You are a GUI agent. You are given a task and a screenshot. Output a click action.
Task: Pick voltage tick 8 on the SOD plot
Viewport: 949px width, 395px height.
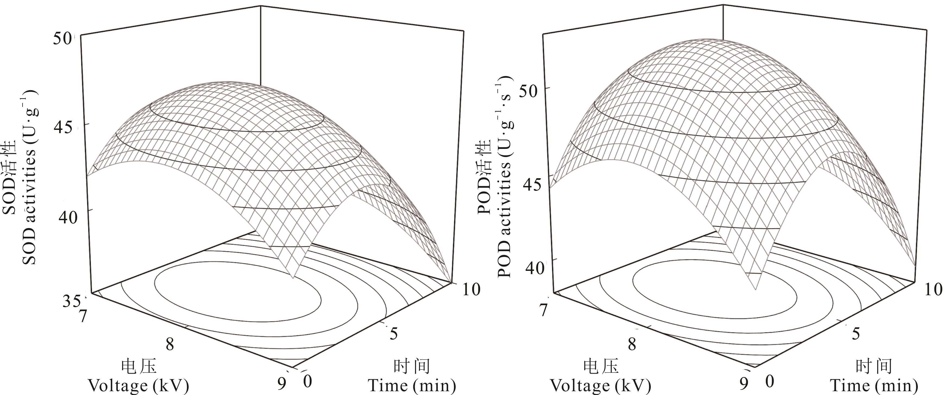click(170, 345)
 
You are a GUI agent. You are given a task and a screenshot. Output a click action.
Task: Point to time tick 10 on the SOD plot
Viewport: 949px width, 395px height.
click(471, 290)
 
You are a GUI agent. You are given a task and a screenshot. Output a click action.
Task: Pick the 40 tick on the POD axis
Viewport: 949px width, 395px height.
click(534, 268)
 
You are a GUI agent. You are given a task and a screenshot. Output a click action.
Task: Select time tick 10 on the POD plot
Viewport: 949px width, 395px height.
click(933, 290)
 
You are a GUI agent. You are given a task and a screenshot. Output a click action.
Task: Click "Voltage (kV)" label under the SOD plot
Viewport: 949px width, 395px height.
click(138, 386)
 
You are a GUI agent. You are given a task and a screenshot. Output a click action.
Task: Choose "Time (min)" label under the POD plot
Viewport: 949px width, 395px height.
click(874, 386)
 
